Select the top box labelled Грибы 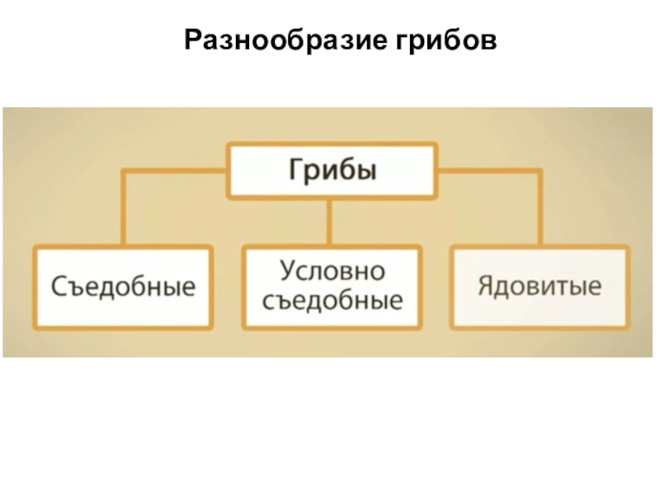point(331,171)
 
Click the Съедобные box point(124,287)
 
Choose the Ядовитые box point(539,286)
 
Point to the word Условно point(332,271)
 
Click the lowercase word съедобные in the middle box point(332,300)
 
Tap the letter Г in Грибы point(294,170)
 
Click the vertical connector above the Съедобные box point(125,210)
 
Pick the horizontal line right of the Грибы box point(488,172)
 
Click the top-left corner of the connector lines point(125,172)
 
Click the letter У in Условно point(286,271)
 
